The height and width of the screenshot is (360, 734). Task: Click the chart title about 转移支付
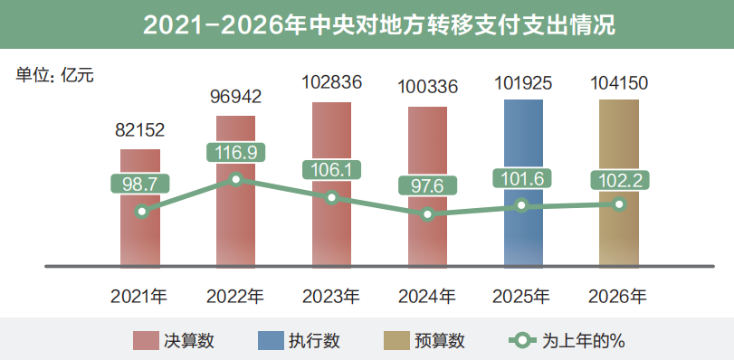(x=367, y=24)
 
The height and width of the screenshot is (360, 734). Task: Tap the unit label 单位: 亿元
(x=54, y=76)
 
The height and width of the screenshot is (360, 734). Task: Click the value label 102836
(x=332, y=82)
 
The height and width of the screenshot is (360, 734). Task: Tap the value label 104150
(x=619, y=83)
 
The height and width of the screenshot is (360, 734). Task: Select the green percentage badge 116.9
(x=236, y=152)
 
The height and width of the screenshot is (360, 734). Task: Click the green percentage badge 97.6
(x=427, y=186)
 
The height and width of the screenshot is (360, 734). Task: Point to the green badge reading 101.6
(x=523, y=177)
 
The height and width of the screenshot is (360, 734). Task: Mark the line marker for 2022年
(x=236, y=179)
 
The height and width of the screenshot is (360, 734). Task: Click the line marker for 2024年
(x=427, y=214)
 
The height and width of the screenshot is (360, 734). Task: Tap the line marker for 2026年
(x=619, y=204)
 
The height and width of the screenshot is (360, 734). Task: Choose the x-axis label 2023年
(x=331, y=296)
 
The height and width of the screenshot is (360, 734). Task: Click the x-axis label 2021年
(x=139, y=296)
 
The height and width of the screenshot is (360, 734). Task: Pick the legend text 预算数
(x=439, y=340)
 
